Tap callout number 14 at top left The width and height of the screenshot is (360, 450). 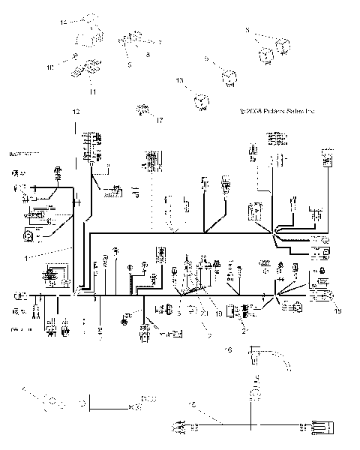pyautogui.click(x=63, y=22)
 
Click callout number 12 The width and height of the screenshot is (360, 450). pyautogui.click(x=75, y=111)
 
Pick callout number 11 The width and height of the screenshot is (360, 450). pyautogui.click(x=93, y=91)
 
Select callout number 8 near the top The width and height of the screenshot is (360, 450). pyautogui.click(x=148, y=55)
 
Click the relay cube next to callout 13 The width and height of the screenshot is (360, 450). pyautogui.click(x=201, y=103)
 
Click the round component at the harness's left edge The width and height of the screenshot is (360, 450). pyautogui.click(x=28, y=235)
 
